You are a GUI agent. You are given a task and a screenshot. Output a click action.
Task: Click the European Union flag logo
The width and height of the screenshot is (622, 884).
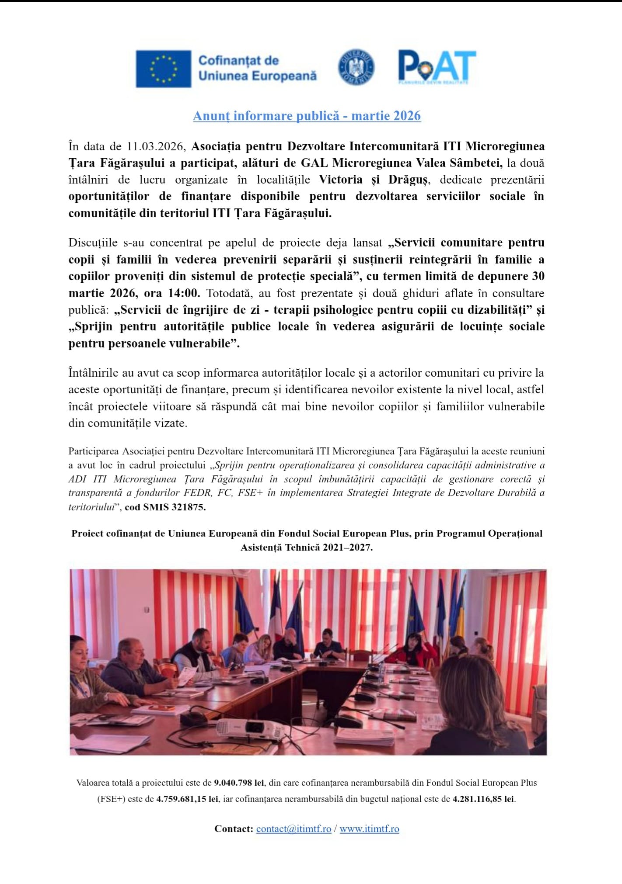click(163, 69)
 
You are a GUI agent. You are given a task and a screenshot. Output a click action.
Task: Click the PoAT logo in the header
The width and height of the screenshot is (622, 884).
click(437, 67)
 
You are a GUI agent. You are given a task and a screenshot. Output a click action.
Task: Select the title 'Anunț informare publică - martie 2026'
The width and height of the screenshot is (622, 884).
click(307, 116)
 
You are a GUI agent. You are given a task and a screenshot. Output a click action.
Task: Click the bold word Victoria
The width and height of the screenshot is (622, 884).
click(340, 180)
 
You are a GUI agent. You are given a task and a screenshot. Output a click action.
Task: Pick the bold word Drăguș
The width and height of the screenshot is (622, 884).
click(409, 180)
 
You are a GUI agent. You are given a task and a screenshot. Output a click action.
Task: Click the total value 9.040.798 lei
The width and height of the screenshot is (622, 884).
click(239, 783)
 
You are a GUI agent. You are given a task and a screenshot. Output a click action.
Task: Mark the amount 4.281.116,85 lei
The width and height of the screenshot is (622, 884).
click(483, 799)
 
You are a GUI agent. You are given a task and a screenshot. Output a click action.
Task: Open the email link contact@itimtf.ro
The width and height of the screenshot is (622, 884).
click(294, 829)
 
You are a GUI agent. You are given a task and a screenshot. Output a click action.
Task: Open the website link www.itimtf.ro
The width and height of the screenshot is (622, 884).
click(369, 829)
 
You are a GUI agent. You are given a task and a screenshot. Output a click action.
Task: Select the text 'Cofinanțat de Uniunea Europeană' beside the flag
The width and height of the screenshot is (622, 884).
click(257, 68)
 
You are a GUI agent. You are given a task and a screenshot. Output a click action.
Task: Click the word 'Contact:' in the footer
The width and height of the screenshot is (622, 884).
click(234, 829)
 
